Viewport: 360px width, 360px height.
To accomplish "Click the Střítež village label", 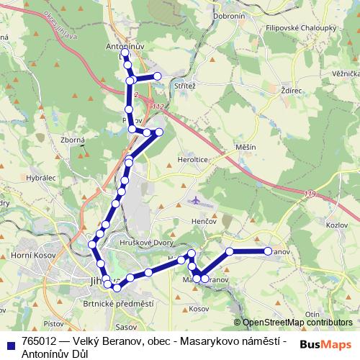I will coord(185,85).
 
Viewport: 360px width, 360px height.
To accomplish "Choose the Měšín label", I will coord(246,147).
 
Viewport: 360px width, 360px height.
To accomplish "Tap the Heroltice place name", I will coord(193,160).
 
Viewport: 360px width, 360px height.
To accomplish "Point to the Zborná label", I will coord(73,140).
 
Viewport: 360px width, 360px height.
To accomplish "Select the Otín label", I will coord(312,315).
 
